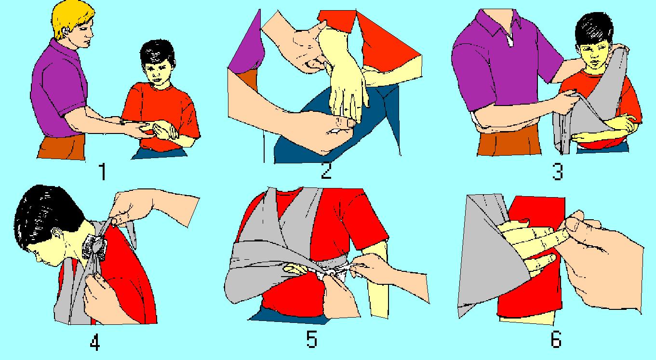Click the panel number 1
coord(102,172)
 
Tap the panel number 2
coord(326,170)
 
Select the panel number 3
coord(557,172)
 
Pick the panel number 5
coord(311,339)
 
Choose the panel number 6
coord(556,339)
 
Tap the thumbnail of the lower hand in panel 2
coord(350,123)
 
